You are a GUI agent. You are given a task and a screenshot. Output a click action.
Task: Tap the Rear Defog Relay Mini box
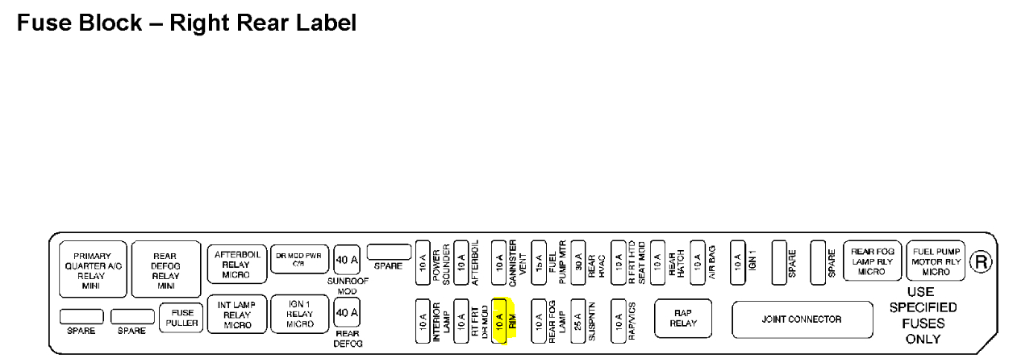166,270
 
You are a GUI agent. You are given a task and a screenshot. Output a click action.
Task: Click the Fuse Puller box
181,318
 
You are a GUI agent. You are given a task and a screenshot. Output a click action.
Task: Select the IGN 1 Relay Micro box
300,314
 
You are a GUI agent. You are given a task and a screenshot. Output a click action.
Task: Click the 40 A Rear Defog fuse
347,312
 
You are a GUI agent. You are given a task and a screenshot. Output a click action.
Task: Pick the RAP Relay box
682,319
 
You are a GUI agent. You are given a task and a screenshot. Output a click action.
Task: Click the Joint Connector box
801,319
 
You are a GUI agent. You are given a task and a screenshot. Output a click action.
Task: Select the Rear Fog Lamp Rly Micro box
872,261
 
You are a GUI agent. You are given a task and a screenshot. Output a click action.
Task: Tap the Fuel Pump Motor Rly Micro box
936,261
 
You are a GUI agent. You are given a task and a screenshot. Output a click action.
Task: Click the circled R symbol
981,262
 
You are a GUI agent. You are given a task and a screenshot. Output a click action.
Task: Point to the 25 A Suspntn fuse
577,322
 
